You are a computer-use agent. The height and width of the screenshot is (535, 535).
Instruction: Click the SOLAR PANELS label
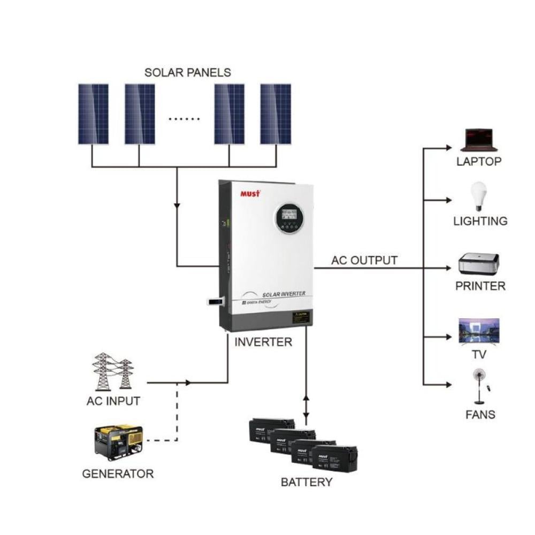(x=187, y=73)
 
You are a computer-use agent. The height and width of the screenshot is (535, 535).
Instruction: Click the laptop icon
(x=479, y=140)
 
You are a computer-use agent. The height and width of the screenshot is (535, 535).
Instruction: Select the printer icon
(x=479, y=264)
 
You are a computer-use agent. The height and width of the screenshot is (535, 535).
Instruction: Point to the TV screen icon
(x=479, y=331)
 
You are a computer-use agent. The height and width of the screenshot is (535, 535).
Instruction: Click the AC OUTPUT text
(x=364, y=261)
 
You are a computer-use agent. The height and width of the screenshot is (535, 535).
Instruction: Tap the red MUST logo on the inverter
(x=249, y=193)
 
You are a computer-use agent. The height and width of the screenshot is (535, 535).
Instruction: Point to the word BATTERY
(x=307, y=482)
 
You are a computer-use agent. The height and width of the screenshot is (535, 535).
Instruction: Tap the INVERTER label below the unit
(x=264, y=342)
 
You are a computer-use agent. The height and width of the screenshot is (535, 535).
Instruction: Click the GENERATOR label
(x=118, y=473)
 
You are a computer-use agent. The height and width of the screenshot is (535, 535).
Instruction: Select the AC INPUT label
(x=113, y=401)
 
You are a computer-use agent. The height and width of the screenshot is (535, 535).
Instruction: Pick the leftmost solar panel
(x=93, y=114)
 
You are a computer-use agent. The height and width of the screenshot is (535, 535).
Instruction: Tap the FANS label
(x=480, y=414)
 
